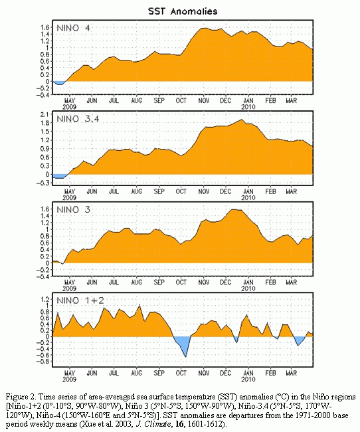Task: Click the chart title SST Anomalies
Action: point(183,11)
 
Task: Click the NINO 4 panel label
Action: point(73,28)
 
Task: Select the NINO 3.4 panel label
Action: point(78,119)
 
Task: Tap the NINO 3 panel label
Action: point(73,209)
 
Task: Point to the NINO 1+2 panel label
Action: point(80,300)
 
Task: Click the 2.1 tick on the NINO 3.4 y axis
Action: point(45,114)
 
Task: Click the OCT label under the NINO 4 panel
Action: point(181,101)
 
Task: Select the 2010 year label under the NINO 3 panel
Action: point(248,288)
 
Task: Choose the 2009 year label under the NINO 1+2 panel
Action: point(70,379)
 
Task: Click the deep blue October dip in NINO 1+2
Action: point(183,344)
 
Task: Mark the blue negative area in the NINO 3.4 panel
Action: point(59,176)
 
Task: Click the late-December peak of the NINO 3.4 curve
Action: point(242,120)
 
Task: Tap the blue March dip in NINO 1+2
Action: point(299,340)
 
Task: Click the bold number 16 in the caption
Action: point(179,424)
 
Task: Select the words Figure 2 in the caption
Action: point(21,397)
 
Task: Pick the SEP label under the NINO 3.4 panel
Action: point(159,191)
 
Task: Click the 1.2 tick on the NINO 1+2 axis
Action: point(45,299)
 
